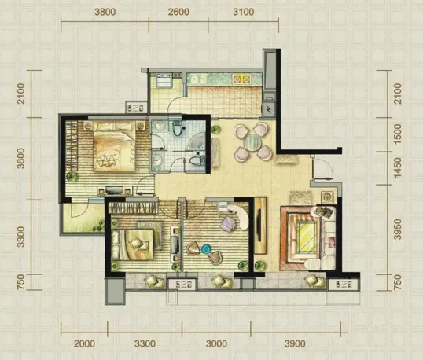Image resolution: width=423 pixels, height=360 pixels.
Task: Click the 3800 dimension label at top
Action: pos(105,12)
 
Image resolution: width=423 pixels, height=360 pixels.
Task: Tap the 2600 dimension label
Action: pos(178,12)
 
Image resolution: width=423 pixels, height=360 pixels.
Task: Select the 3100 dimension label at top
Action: pos(244,12)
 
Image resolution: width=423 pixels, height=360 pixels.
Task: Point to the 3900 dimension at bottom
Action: pos(296,343)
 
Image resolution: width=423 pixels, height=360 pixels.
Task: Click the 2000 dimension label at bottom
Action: pos(84,343)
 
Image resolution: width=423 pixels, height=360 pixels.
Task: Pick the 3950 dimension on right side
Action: pos(398,230)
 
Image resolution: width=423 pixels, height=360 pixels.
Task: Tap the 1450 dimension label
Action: pos(398,167)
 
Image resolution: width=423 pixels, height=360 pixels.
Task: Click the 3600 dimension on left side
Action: pos(20,158)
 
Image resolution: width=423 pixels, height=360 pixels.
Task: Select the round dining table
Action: pos(252,141)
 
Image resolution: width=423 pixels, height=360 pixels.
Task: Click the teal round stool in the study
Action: pos(206,249)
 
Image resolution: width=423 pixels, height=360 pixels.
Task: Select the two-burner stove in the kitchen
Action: pos(241,79)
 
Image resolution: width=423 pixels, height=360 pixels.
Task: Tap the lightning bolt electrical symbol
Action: pos(268,109)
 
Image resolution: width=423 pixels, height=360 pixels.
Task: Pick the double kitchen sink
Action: pos(198,79)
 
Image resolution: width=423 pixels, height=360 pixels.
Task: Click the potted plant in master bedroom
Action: pos(72,177)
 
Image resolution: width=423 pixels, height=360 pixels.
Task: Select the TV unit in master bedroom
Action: pos(115,190)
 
